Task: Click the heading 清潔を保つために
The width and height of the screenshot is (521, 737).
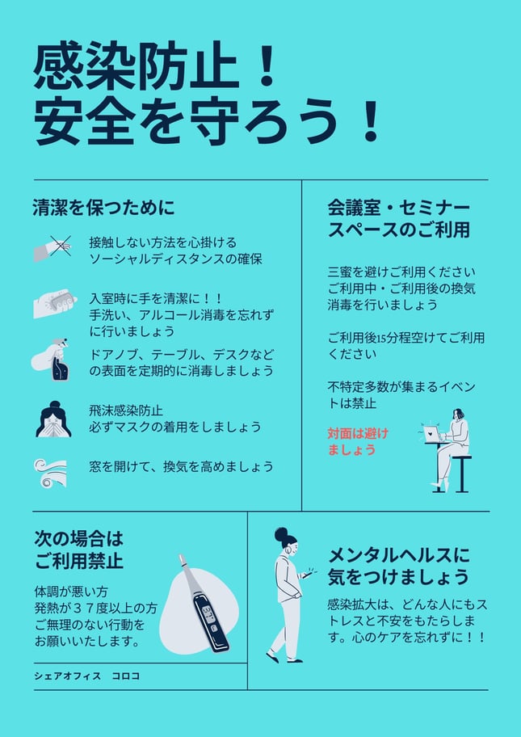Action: coord(103,207)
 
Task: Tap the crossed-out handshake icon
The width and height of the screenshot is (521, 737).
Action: coord(53,248)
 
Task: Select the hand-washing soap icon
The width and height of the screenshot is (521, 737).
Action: coord(55,303)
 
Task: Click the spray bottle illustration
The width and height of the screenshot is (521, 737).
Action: coord(52,360)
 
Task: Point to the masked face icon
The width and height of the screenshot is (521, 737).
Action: coord(53,419)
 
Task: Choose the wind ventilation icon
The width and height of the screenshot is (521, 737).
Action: coord(50,474)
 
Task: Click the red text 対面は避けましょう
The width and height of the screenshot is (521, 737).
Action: coord(358,441)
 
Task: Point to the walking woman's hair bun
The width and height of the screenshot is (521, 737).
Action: coord(280,533)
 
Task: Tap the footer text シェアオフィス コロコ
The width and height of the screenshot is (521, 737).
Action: coord(87,676)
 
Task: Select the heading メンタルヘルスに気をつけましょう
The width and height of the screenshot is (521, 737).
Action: coord(398,566)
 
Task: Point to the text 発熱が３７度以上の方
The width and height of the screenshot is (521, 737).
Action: coord(95,607)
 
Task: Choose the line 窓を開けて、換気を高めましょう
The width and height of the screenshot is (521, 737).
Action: coord(181,467)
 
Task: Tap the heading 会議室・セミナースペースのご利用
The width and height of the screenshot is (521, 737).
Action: coord(398,219)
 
